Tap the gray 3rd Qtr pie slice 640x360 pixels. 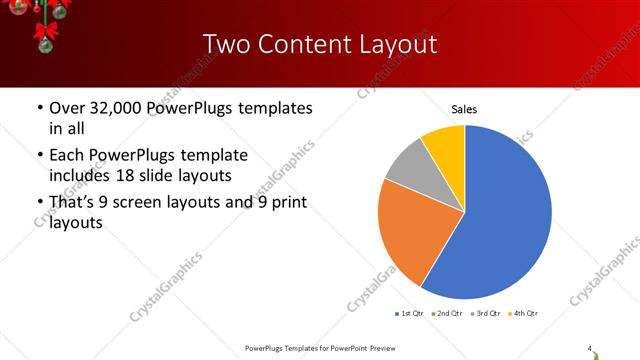tap(408, 165)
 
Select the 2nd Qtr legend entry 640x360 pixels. tap(447, 314)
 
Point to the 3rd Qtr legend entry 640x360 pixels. tap(486, 314)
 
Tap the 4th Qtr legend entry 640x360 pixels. tap(524, 314)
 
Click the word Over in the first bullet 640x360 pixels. tap(68, 107)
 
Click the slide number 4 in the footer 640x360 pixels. tap(590, 348)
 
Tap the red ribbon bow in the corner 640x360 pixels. tap(43, 35)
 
